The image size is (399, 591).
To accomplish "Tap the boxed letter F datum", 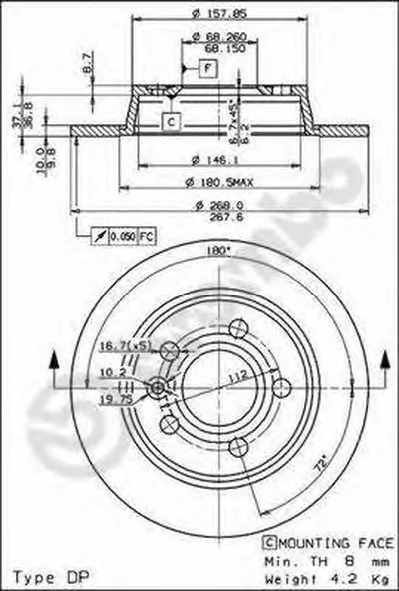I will point(208,69).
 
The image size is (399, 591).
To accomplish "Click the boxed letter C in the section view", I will point(170,121).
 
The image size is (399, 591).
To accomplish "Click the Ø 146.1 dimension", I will point(212,158).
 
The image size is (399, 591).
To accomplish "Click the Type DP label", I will point(43,577).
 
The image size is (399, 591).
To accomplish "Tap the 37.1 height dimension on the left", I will point(12,118).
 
